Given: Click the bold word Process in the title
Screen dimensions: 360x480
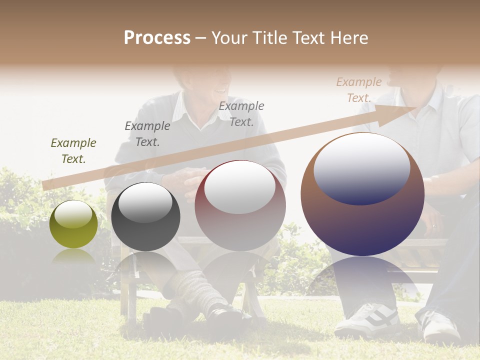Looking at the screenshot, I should (x=157, y=38).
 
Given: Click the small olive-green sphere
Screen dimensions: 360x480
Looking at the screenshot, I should (x=73, y=224).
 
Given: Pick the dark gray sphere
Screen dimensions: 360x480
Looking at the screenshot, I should (x=145, y=217).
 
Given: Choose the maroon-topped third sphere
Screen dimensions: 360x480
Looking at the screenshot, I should (x=240, y=206).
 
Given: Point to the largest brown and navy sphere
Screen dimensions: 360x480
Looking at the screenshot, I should (x=362, y=195).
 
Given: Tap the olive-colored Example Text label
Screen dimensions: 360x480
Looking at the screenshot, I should (x=73, y=151).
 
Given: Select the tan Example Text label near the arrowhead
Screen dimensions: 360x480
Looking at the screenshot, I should (x=358, y=90).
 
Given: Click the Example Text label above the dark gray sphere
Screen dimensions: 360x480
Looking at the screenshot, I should (x=147, y=134).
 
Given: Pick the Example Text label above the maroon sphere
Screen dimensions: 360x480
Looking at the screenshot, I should (x=241, y=113).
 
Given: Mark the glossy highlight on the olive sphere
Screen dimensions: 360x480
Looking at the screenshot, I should (x=73, y=215).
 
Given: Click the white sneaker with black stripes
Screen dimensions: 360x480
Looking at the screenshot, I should (x=367, y=319).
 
